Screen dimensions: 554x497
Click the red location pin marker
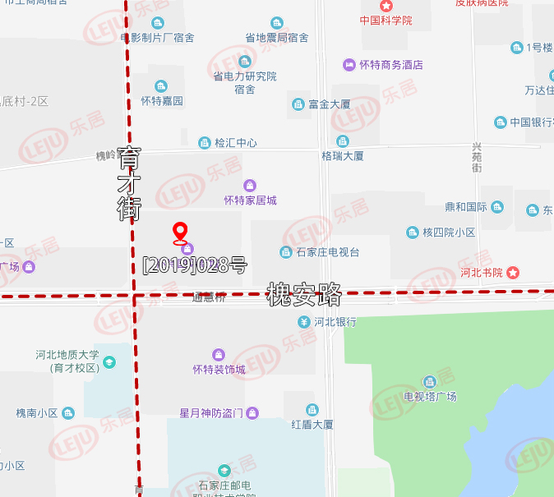pyautogui.click(x=181, y=232)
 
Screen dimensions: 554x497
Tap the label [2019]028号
pyautogui.click(x=195, y=265)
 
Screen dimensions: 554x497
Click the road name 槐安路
pyautogui.click(x=304, y=293)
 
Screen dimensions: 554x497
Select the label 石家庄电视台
pyautogui.click(x=327, y=252)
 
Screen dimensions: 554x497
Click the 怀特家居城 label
pyautogui.click(x=250, y=200)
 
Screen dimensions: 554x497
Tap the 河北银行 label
pyautogui.click(x=333, y=322)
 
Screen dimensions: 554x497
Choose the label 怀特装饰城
pyautogui.click(x=219, y=369)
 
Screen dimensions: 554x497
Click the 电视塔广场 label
pyautogui.click(x=430, y=397)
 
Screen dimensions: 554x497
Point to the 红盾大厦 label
pyautogui.click(x=312, y=425)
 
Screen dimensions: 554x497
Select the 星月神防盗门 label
pyautogui.click(x=211, y=412)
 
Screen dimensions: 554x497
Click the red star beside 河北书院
pyautogui.click(x=514, y=272)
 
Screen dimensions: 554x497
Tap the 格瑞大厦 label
pyautogui.click(x=342, y=155)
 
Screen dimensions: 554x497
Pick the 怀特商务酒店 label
pyautogui.click(x=390, y=64)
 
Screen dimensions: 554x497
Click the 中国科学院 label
pyautogui.click(x=385, y=20)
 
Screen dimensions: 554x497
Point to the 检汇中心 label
pyautogui.click(x=235, y=143)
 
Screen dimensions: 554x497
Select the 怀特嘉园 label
pyautogui.click(x=161, y=101)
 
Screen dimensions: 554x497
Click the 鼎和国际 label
pyautogui.click(x=466, y=207)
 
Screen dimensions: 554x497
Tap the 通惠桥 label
pyautogui.click(x=209, y=297)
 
